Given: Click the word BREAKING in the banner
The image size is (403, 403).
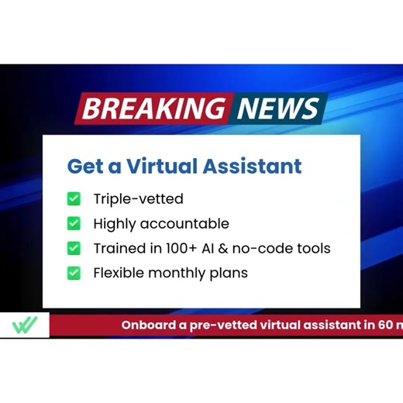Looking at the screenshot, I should [x=152, y=108].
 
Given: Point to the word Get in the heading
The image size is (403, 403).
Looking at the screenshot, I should [x=83, y=166].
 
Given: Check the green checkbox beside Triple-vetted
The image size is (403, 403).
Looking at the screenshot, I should [x=74, y=199].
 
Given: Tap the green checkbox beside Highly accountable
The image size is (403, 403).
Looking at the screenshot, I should [x=74, y=224].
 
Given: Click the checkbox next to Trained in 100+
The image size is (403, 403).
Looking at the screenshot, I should [x=74, y=249].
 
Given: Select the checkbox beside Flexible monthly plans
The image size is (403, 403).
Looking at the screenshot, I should [x=74, y=273].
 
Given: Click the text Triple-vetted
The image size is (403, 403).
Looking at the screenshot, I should [x=138, y=199].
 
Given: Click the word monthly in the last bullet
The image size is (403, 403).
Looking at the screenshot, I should [x=180, y=273].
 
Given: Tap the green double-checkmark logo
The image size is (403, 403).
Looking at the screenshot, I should [x=24, y=325].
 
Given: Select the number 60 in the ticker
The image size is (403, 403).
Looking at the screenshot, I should [x=384, y=325].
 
